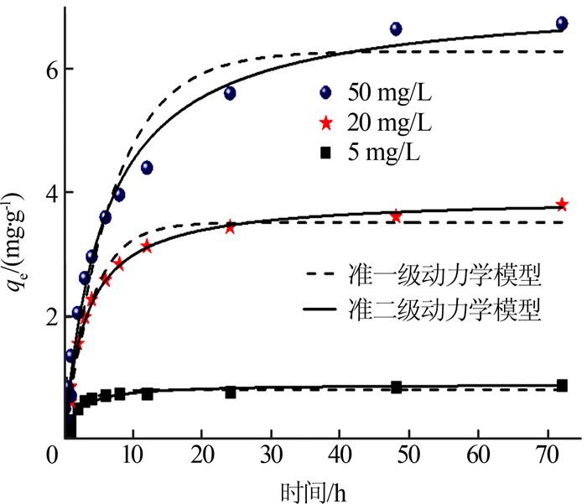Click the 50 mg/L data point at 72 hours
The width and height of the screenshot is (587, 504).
562,23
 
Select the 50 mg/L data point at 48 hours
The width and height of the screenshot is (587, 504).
396,29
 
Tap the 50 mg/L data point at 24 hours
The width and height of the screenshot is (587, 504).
230,93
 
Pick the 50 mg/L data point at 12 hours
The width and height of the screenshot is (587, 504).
147,168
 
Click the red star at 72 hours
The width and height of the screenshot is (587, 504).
562,205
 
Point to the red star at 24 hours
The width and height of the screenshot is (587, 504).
230,227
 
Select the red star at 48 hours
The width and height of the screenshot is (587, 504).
396,216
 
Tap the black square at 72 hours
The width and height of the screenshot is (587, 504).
562,385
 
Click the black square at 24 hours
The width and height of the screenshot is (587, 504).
230,392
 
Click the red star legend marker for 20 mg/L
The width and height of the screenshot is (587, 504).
327,124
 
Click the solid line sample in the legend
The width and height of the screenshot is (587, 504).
318,309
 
